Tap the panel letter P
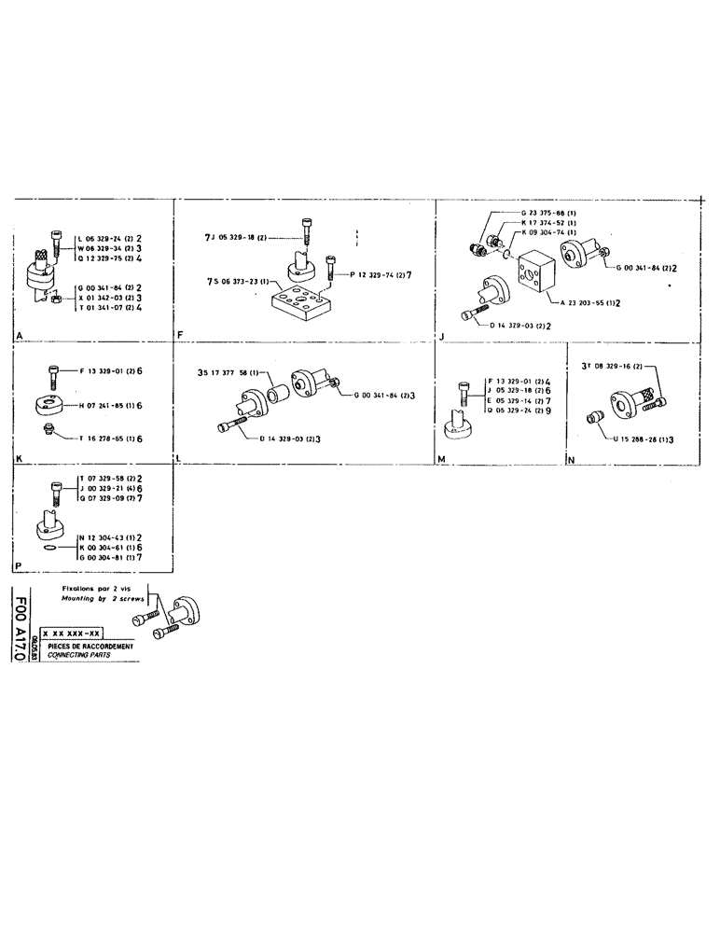click(x=18, y=565)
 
